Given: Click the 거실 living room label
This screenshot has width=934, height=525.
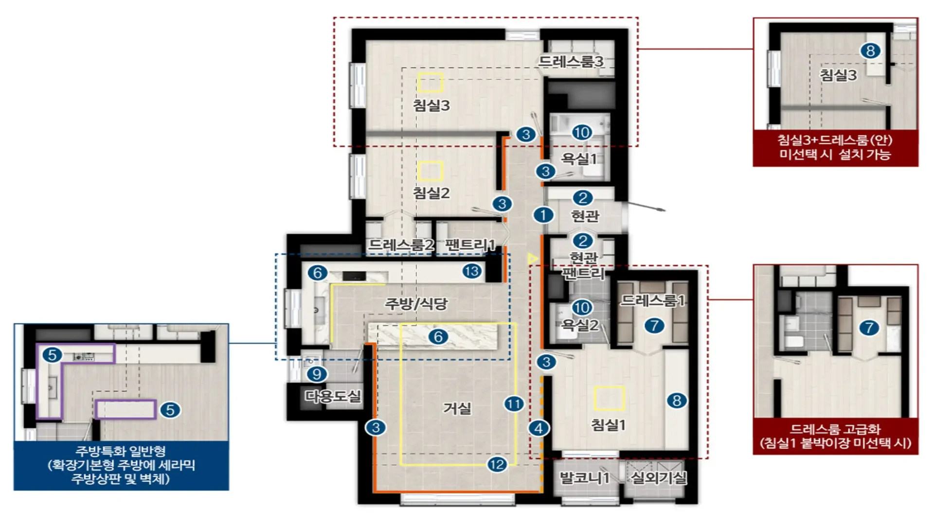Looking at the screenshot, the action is (x=457, y=408).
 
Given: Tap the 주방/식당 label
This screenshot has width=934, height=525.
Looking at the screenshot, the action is (x=416, y=304).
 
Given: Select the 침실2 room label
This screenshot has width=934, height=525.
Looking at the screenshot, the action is (x=431, y=193).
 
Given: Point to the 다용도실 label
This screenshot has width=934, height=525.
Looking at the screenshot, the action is (x=333, y=396).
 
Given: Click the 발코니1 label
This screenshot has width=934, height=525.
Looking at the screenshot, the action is (x=584, y=478).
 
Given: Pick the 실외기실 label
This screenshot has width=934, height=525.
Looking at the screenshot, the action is (x=659, y=478).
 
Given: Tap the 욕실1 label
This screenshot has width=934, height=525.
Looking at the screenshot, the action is (x=579, y=158).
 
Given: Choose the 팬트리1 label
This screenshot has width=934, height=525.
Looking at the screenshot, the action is (x=470, y=245).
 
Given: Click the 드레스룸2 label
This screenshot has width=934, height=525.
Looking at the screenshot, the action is (x=401, y=245).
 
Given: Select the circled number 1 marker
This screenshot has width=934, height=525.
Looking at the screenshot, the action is (x=543, y=215).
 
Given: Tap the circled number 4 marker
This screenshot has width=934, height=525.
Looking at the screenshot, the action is (x=539, y=428).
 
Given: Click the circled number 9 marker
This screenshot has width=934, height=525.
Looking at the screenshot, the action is (x=317, y=374).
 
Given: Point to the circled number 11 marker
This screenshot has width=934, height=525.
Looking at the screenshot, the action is (x=514, y=403).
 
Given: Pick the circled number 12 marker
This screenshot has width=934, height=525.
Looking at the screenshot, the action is (x=497, y=464).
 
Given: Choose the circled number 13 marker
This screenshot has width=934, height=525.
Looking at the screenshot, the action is (x=472, y=271).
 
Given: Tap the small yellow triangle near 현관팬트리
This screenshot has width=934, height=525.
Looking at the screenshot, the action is (x=533, y=259).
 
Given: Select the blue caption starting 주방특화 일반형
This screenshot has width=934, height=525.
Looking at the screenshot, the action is (x=121, y=465).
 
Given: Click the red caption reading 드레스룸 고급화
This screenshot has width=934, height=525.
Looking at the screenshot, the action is (x=835, y=436).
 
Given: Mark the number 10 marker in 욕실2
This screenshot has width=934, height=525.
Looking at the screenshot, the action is (x=582, y=307).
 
